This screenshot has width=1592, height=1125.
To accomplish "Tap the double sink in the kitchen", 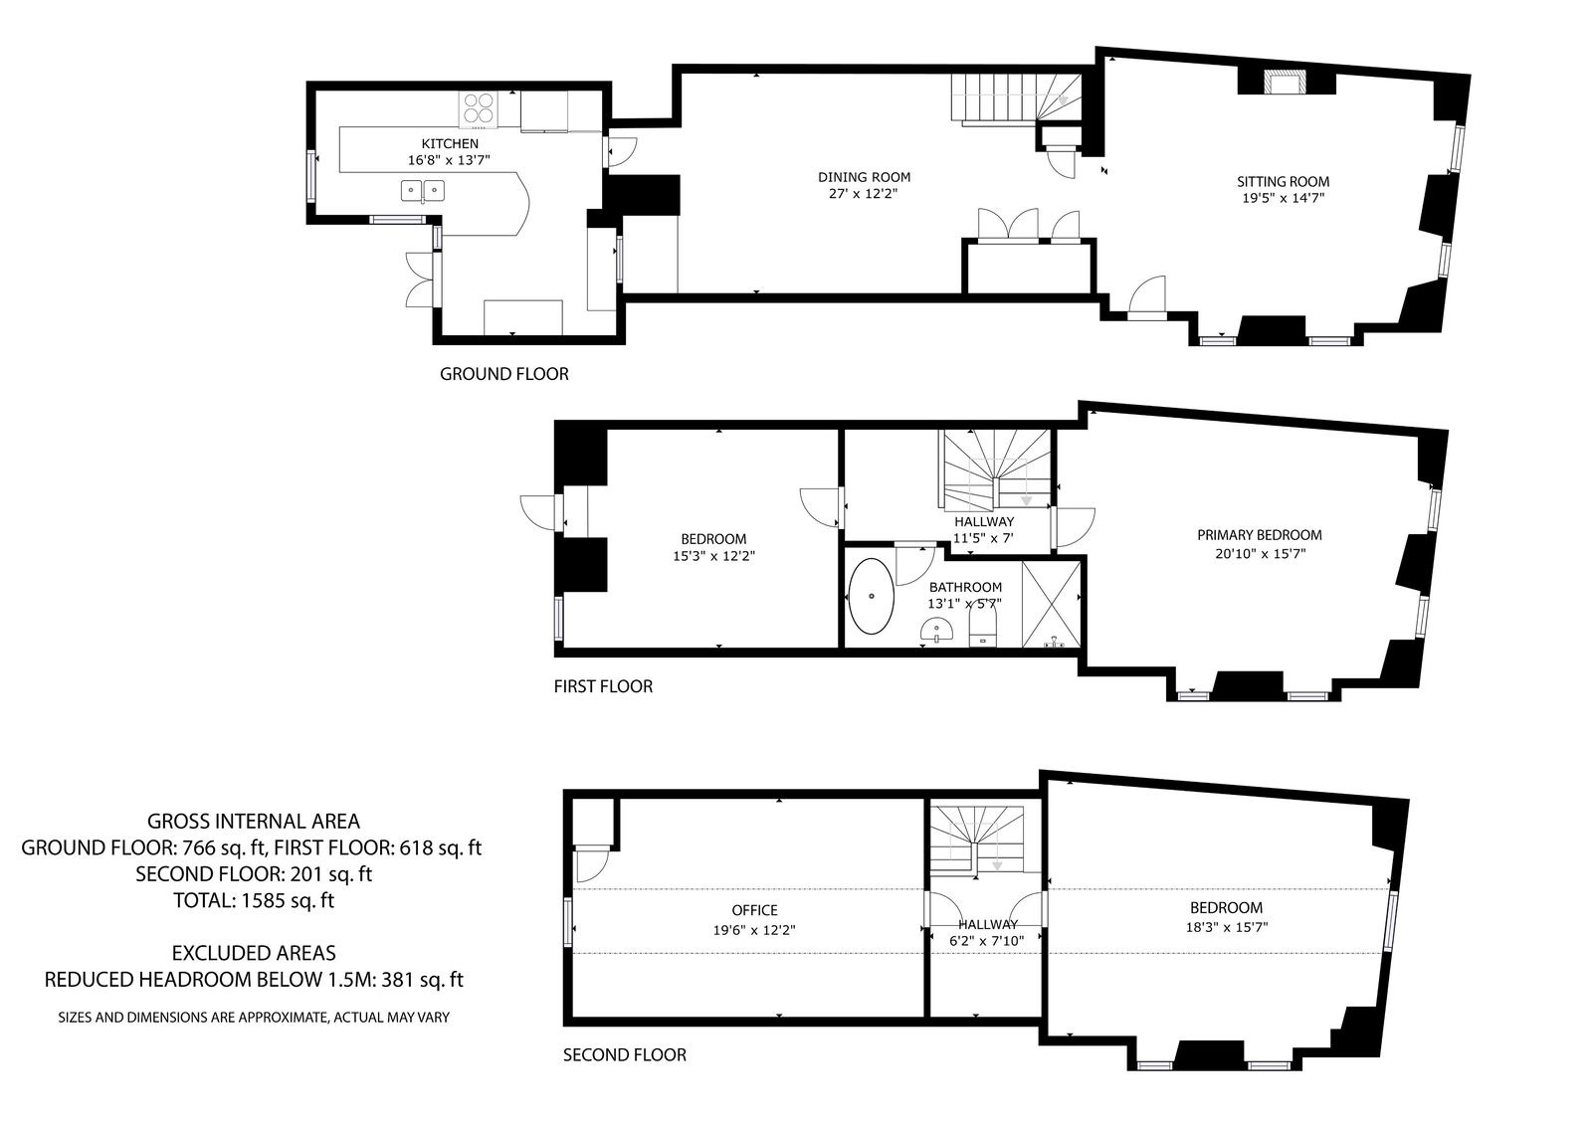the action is point(423,190).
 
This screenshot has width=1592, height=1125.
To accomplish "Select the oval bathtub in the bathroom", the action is point(871,596).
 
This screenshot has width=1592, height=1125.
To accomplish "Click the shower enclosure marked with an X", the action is point(1051,604).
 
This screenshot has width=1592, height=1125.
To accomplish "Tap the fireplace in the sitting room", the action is point(1285,82).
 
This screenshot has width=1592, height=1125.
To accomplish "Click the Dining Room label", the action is point(864,177).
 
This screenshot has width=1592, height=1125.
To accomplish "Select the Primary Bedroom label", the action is point(1260,535).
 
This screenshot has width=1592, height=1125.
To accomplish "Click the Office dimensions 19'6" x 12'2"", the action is point(754,930).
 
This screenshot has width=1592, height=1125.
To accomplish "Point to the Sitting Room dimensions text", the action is point(1283,198).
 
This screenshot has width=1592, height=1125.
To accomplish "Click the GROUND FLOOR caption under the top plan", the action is point(503,374).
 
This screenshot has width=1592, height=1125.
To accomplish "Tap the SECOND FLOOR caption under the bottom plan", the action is point(624,1054).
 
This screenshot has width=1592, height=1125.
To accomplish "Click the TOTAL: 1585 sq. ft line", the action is point(254,900).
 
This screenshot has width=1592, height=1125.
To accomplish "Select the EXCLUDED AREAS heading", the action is point(254,952).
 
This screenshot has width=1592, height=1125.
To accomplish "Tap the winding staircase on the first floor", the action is point(996,469).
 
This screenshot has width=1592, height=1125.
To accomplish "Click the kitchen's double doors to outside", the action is point(419,280).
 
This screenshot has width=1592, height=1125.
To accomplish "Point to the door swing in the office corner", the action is point(591,864).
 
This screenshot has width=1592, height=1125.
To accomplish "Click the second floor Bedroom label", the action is point(1226,907).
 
